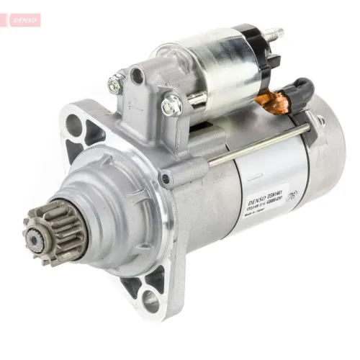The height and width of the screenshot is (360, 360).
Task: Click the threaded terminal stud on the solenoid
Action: (x=274, y=35)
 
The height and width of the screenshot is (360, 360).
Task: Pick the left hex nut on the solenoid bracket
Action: (x=116, y=84)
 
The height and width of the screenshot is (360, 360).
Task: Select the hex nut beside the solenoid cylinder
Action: (x=170, y=107)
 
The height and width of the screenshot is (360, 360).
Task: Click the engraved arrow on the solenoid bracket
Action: (x=134, y=104)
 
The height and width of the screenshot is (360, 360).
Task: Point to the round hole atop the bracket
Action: (x=137, y=74)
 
